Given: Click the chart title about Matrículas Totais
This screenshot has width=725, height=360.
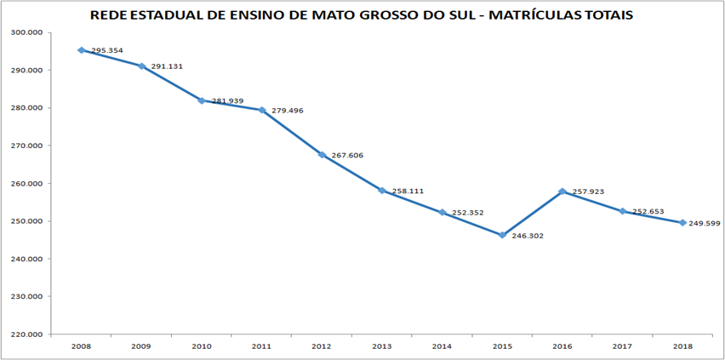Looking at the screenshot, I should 362,15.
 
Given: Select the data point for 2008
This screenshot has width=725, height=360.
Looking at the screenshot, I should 81,50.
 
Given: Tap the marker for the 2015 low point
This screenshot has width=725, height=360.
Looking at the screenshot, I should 502,235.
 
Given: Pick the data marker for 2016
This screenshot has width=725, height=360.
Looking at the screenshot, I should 562,191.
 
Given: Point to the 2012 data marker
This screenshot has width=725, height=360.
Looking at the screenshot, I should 322,155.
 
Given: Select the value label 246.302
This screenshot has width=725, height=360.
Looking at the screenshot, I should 527,236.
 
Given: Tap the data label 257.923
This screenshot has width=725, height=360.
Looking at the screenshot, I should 587,192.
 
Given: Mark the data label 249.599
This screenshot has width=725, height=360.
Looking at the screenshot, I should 708,223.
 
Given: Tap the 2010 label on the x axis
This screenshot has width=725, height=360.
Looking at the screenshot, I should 201,346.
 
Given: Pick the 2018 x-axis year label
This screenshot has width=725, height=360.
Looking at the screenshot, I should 682,346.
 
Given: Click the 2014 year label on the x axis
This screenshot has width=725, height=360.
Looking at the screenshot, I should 442,346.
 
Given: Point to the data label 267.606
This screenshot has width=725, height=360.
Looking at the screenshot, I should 346,156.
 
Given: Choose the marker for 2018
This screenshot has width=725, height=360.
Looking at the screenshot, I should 682,223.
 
